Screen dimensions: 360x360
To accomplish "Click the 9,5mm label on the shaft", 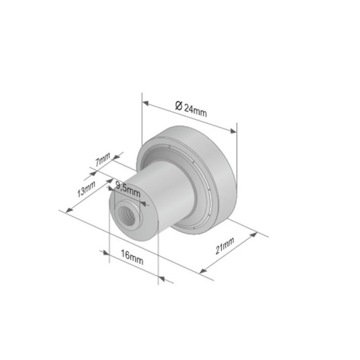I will [128, 188].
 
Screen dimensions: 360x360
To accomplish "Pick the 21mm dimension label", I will [225, 247].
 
